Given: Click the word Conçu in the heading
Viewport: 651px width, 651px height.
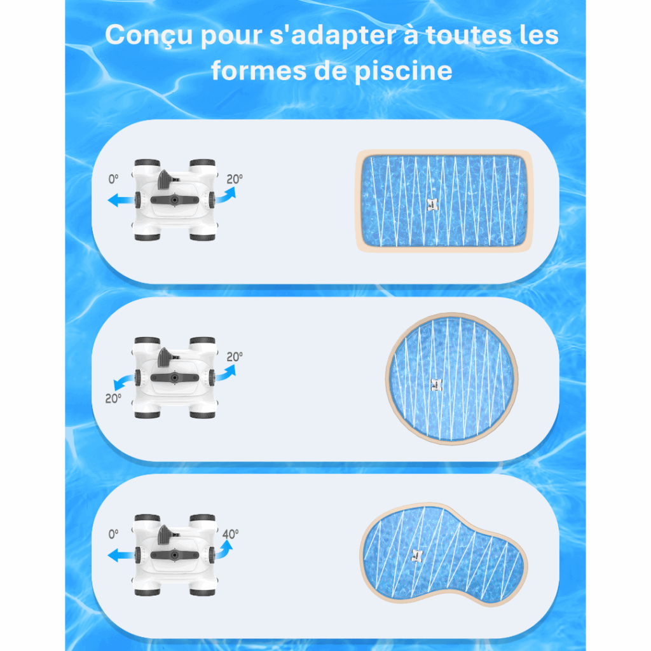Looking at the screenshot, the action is coord(149,35).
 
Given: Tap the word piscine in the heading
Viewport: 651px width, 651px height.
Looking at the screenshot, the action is coord(403,71).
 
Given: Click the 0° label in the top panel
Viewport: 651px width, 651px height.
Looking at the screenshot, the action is coord(113,179).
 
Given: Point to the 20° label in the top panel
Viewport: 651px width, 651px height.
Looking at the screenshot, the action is coord(235,179).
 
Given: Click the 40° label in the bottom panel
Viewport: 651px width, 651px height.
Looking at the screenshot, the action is coord(230,534).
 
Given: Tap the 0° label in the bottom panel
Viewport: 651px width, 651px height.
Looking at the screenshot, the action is coord(113,534).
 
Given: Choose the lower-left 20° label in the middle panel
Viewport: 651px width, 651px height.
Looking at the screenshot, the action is coord(113,399).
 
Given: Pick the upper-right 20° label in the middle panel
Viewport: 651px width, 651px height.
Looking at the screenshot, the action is coord(235,357).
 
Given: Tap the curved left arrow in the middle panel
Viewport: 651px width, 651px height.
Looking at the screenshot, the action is coord(123,381).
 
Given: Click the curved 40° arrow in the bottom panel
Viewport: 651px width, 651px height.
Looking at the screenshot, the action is coord(224,549).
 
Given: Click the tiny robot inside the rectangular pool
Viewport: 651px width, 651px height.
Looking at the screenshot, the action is coord(432,204).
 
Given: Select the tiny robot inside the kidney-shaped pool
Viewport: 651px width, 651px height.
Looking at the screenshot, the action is coord(417,556).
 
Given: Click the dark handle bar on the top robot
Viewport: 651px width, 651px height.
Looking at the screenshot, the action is coord(174,200).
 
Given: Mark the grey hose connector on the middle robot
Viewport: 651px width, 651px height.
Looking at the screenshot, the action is coord(166,357).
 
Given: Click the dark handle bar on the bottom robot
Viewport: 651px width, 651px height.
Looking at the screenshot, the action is coord(174,555).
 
